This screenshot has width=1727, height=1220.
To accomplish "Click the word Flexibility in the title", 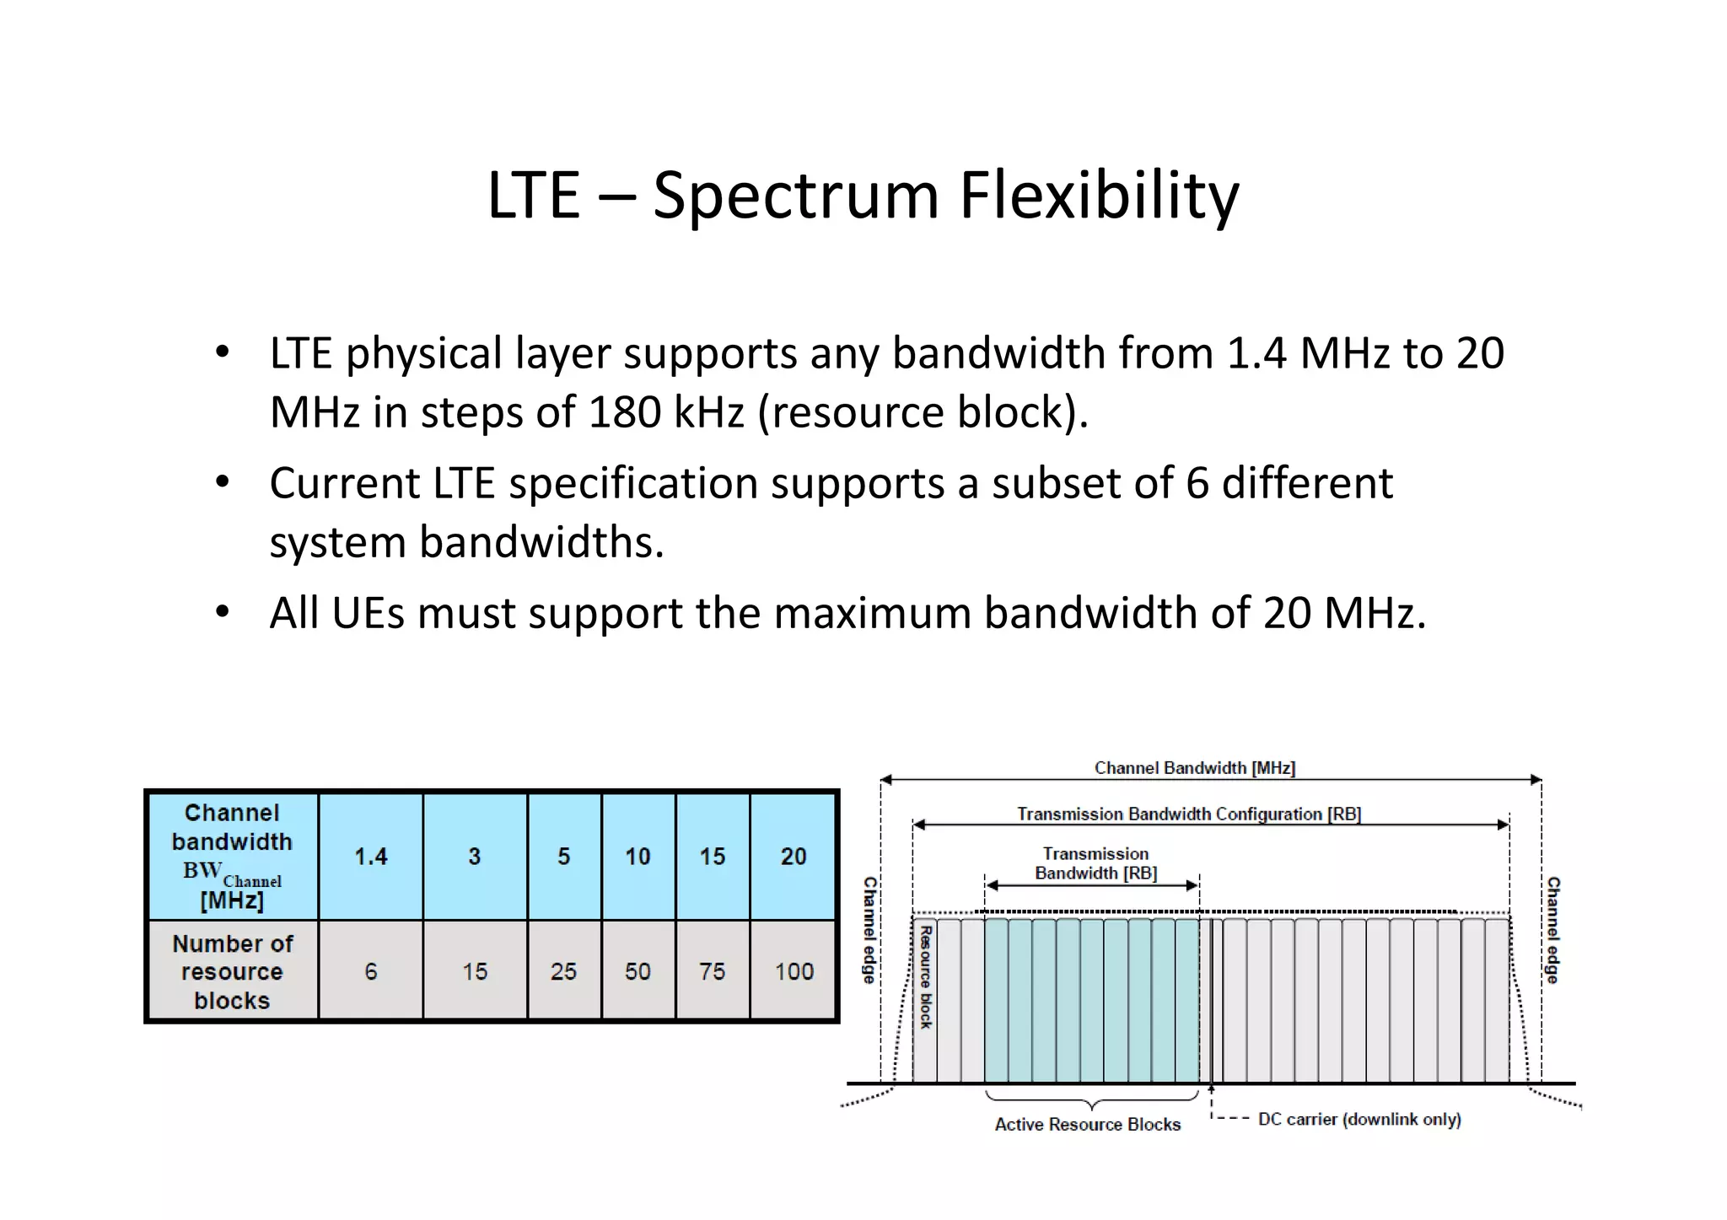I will [x=1100, y=196].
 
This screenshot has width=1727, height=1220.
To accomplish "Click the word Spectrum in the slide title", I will [x=795, y=196].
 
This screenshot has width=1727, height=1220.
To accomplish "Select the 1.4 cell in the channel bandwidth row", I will [x=371, y=857].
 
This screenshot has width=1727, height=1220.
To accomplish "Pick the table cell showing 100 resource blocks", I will [x=794, y=971].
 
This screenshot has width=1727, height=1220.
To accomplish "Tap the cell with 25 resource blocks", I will [x=563, y=971].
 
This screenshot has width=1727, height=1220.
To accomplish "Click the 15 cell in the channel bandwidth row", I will [x=712, y=857].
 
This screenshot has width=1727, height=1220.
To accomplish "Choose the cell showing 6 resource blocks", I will [x=371, y=971].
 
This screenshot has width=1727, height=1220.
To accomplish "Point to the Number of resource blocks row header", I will [x=232, y=971].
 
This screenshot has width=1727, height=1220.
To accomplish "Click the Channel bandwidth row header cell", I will [x=232, y=857].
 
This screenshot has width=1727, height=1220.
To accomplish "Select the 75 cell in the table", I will [x=712, y=971].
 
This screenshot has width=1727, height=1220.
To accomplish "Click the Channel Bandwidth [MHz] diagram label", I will [x=1194, y=768].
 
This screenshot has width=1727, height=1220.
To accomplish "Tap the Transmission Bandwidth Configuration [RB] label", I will [x=1188, y=814].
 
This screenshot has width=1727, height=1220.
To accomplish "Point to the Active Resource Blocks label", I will [x=1087, y=1125].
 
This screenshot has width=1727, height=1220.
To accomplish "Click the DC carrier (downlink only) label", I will [x=1358, y=1120].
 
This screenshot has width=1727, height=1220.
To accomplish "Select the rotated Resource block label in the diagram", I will [x=925, y=977].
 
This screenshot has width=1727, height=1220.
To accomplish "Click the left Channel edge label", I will [x=869, y=930].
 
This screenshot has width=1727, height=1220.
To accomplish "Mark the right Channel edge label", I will [x=1552, y=930].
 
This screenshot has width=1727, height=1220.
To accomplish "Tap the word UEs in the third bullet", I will [x=368, y=613].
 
